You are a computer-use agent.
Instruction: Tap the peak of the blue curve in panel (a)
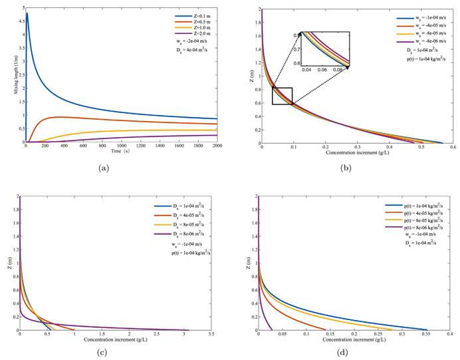(27, 13)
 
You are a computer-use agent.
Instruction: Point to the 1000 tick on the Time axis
(122, 146)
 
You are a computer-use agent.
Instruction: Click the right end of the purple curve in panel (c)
(189, 329)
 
